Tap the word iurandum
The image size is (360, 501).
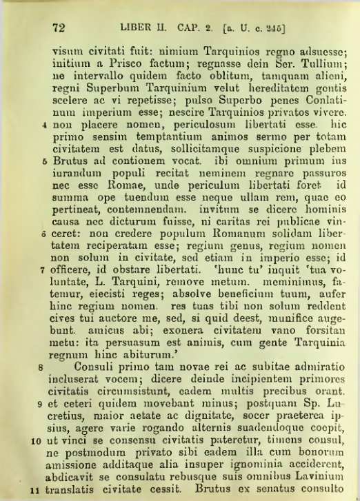(x=74, y=163)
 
